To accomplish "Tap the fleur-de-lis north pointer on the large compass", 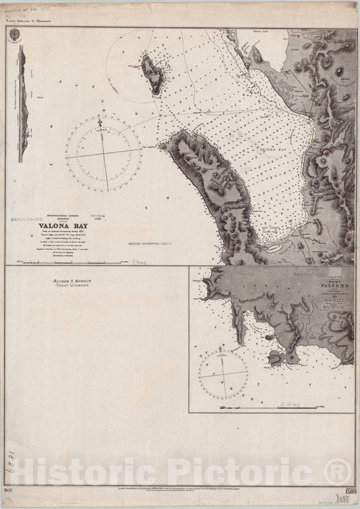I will (101, 123).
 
